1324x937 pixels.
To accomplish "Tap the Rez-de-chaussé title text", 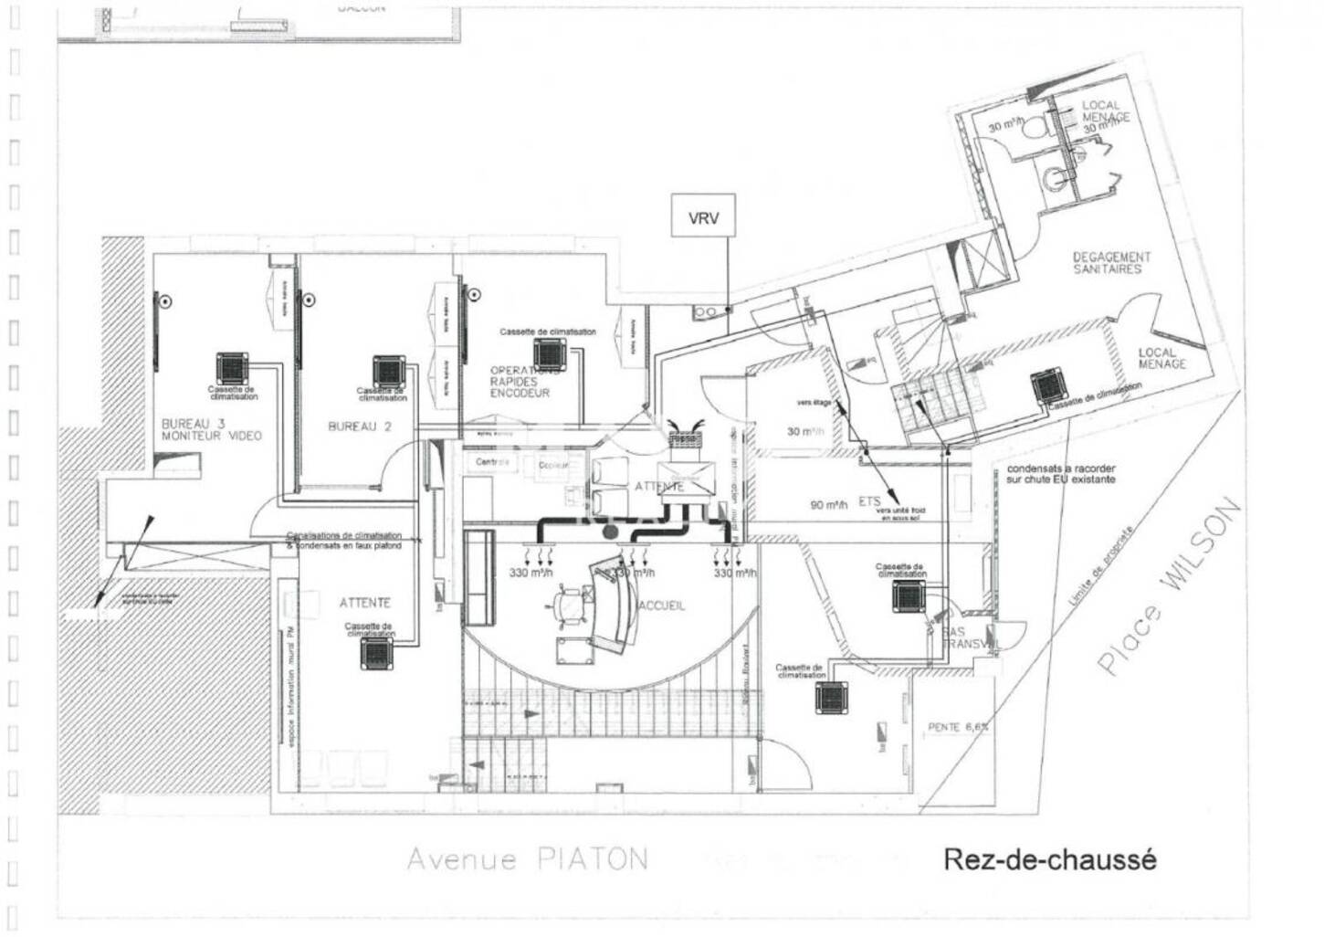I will click(x=1049, y=859).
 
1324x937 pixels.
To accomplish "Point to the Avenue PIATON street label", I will click(x=527, y=858).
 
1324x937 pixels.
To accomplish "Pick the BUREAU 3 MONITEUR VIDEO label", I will click(x=211, y=429).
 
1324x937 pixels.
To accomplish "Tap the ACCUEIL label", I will click(x=663, y=605).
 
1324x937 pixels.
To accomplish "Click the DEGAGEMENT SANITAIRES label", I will click(x=1111, y=263).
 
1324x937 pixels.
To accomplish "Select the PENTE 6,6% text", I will click(x=958, y=727).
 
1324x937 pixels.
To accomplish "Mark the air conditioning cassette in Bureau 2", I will click(x=388, y=371).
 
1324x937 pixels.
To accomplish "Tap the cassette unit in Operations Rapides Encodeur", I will click(x=550, y=353).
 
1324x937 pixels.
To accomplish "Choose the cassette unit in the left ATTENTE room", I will click(x=375, y=653).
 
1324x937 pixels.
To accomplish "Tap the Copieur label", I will click(x=552, y=465).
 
